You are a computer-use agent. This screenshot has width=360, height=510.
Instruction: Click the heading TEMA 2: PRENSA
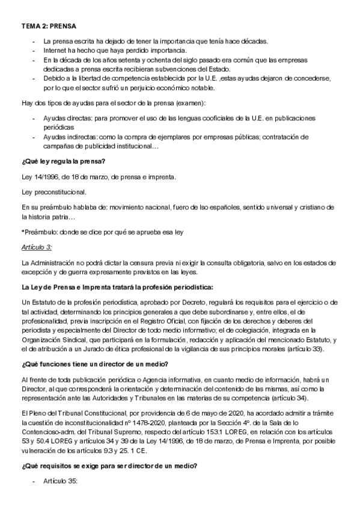pyautogui.click(x=49, y=26)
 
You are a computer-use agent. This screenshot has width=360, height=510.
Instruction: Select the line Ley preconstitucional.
pyautogui.click(x=53, y=192)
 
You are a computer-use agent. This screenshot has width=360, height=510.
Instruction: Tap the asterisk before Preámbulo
pyautogui.click(x=23, y=232)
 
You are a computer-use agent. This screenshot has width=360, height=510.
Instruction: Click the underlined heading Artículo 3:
pyautogui.click(x=36, y=247)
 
